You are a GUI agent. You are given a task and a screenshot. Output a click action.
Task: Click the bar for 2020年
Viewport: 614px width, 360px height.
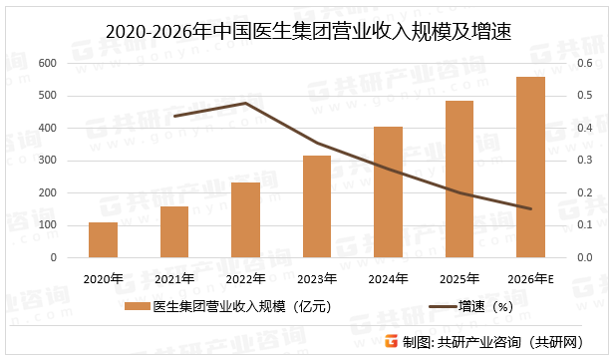click(x=103, y=240)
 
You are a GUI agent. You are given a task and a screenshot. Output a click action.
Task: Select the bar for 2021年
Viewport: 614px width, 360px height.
click(x=174, y=232)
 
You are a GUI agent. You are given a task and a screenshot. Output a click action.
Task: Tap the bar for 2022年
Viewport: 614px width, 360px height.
click(x=245, y=220)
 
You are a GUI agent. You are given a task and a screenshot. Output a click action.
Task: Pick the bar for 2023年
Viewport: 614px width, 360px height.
click(x=317, y=206)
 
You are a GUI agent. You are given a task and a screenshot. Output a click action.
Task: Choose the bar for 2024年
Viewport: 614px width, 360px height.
click(x=388, y=192)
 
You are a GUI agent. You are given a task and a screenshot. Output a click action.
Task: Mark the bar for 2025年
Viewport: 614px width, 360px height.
click(x=460, y=180)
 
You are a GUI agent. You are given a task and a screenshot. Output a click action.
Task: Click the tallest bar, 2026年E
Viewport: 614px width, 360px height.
click(x=530, y=168)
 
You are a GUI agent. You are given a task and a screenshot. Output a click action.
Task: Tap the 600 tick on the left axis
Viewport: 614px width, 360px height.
click(x=46, y=63)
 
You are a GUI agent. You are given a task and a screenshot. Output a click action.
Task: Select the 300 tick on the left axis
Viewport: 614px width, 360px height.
click(x=46, y=161)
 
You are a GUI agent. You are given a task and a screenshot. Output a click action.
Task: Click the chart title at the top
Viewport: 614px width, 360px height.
click(x=307, y=32)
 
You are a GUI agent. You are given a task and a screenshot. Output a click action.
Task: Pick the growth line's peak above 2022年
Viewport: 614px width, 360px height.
click(x=245, y=103)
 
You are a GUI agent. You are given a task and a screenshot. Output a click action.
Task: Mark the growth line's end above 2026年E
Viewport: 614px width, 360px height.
click(x=530, y=208)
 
